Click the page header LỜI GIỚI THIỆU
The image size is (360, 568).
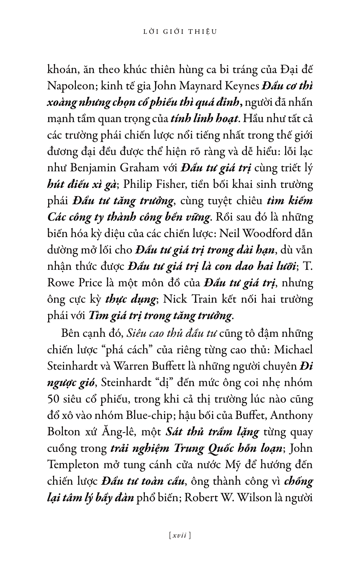(x=180, y=31)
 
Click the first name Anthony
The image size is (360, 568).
(x=292, y=415)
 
